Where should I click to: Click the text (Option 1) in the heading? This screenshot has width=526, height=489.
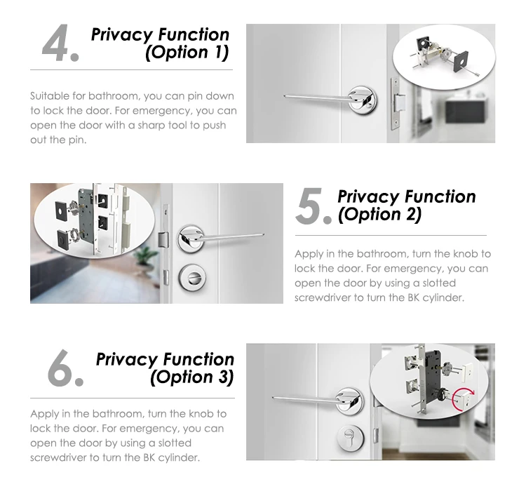[x=187, y=53]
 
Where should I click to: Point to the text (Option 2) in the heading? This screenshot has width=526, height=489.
[x=379, y=215]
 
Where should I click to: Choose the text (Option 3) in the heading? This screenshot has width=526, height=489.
[x=192, y=377]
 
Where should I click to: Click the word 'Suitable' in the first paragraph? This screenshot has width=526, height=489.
[x=50, y=96]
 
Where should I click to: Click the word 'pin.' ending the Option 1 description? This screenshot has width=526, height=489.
[x=77, y=140]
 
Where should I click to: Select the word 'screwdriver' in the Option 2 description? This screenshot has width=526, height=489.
[x=323, y=297]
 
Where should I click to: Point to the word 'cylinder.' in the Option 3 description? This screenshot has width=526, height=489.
[x=179, y=458]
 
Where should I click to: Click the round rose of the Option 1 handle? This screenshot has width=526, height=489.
[x=362, y=99]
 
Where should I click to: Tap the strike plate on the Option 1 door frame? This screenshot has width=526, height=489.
[x=396, y=104]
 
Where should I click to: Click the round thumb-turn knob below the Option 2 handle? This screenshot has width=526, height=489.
[x=192, y=277]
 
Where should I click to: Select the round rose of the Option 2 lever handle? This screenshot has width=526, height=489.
[x=191, y=239]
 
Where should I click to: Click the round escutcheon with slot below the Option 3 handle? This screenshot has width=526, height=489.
[x=351, y=437]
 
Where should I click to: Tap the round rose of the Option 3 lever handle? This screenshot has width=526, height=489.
[x=349, y=399]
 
